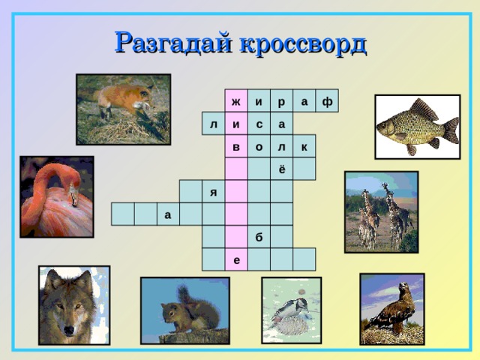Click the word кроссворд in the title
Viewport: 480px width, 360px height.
pos(303,43)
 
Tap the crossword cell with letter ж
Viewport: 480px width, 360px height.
pos(236,101)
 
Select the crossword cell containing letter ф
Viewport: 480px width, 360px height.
pos(327,101)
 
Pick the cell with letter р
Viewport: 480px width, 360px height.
pos(281,101)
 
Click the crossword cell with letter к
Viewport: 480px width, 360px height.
pos(304,147)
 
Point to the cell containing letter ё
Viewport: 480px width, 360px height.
pos(281,169)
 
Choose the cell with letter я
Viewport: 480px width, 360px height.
pos(214,192)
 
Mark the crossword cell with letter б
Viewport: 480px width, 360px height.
pos(259,237)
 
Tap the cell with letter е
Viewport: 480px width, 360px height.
pos(236,259)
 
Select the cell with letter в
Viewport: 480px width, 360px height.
pos(236,147)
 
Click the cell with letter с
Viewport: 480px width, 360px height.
pos(259,124)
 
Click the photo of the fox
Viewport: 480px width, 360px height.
pos(123,109)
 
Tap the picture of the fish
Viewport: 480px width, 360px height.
pos(417,127)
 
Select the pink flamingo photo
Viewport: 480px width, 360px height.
pos(56,196)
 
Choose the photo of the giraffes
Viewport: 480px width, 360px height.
pos(381,212)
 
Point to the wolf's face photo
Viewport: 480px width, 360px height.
pos(73,305)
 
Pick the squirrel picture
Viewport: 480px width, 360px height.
pos(185,310)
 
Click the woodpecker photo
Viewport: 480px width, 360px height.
pos(291,310)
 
